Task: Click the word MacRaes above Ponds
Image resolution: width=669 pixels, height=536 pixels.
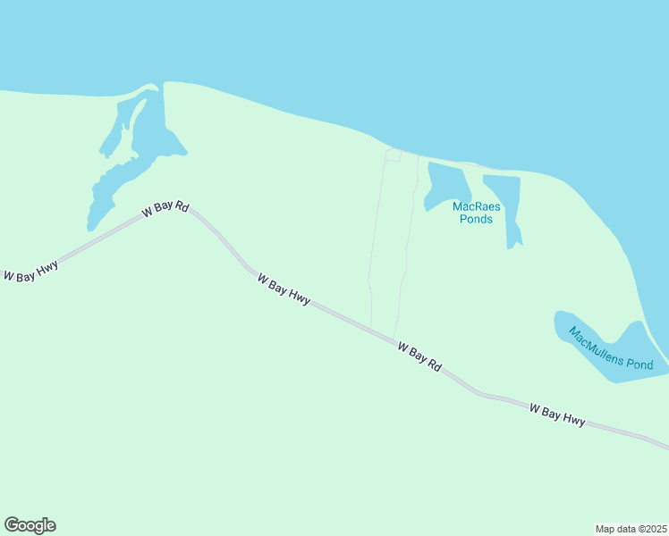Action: click(x=476, y=206)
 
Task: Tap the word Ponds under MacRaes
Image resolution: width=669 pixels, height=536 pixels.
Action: click(x=476, y=219)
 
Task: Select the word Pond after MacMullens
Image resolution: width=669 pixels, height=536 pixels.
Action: click(x=640, y=364)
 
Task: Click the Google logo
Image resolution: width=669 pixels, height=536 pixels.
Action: click(x=30, y=525)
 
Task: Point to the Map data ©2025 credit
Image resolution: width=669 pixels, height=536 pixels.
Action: click(x=631, y=529)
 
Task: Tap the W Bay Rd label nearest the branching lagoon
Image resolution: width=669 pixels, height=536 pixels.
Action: click(x=165, y=210)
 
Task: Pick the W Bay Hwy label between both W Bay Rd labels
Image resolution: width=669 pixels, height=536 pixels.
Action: click(x=284, y=289)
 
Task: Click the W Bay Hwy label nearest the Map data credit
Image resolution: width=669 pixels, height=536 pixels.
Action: click(x=557, y=415)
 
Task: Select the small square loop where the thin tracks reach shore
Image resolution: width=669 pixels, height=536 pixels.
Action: click(x=393, y=155)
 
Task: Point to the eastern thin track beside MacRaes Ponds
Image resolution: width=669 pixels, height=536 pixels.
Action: click(x=410, y=232)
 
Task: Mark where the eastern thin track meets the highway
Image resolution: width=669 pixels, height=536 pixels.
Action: click(x=394, y=338)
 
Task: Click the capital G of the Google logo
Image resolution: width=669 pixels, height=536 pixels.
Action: click(x=12, y=525)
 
